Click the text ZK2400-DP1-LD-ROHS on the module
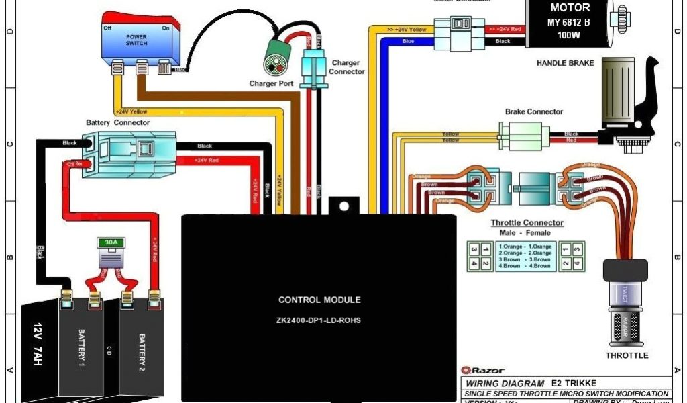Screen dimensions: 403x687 [319, 320]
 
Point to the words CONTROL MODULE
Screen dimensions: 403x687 [319, 300]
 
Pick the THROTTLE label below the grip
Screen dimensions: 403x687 [627, 355]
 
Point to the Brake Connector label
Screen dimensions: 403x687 [534, 111]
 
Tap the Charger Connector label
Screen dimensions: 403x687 [348, 67]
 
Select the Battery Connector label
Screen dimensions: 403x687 [118, 123]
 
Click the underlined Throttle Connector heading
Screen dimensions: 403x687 [527, 222]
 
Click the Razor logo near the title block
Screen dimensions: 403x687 [483, 370]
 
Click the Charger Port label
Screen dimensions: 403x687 [271, 84]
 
